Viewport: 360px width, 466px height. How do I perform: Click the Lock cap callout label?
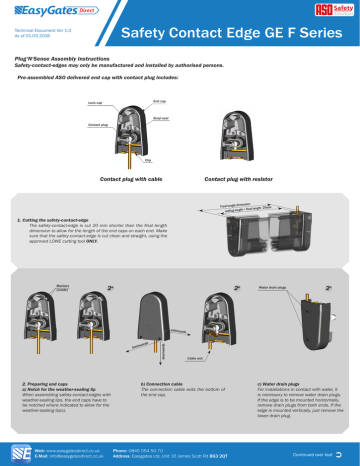click(96, 103)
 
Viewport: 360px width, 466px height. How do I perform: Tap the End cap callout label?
click(158, 101)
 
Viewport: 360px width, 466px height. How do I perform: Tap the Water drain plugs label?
click(274, 287)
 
